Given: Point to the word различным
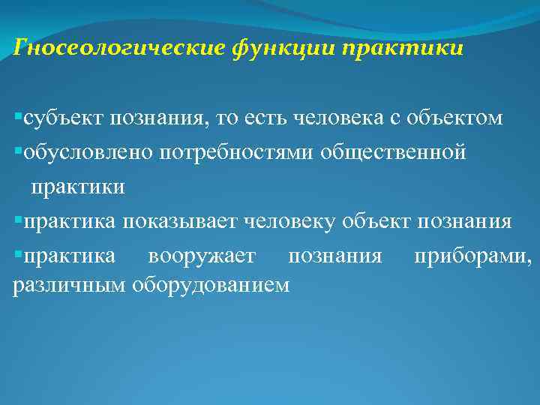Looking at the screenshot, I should (70, 284).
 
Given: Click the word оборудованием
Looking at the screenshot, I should (211, 284).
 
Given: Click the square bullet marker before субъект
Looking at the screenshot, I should (18, 118).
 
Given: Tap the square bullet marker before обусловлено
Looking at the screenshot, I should (18, 152).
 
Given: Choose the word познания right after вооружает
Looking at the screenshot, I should (335, 256).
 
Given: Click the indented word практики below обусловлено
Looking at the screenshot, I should (77, 187).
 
